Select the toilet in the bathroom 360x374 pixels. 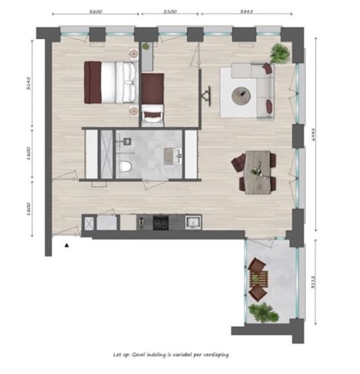[126, 168]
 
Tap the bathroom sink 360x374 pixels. [177, 155]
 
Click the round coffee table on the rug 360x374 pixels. [244, 96]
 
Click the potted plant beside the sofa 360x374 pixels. [280, 54]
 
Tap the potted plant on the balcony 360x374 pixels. [263, 313]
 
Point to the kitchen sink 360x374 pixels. [192, 223]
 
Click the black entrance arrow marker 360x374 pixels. [66, 246]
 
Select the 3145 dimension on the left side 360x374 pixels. [27, 86]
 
